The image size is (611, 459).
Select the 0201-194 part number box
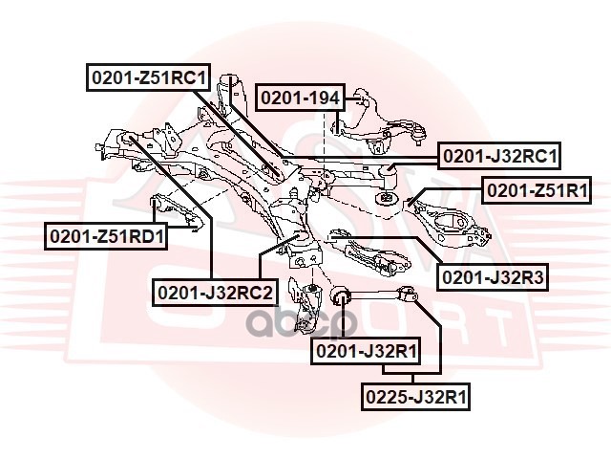click(x=300, y=98)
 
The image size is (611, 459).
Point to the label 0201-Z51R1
click(x=536, y=191)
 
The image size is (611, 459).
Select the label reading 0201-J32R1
click(x=368, y=352)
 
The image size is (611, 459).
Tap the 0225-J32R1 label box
click(x=415, y=394)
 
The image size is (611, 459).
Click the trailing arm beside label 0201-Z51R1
click(x=449, y=218)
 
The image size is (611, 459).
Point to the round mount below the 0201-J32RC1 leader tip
click(x=387, y=199)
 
